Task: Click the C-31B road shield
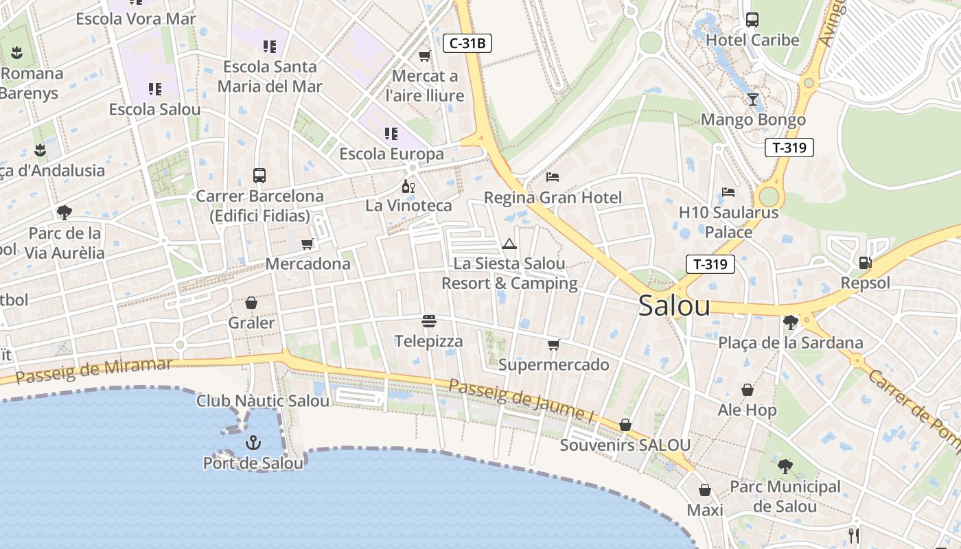tap(467, 43)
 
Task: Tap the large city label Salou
tap(674, 306)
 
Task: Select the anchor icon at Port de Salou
tap(254, 443)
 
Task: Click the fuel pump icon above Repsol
tap(865, 262)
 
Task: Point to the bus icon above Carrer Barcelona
tap(259, 176)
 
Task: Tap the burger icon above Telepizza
tap(429, 320)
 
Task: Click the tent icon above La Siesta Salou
tap(509, 244)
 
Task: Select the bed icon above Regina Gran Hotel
tap(553, 177)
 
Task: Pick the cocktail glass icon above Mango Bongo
tap(753, 100)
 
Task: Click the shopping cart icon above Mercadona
tap(308, 244)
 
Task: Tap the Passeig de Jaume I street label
tap(520, 399)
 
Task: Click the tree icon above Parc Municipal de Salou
tap(785, 467)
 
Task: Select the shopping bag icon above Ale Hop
tap(748, 390)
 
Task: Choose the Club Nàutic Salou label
tap(263, 401)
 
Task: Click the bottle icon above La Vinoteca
tap(408, 186)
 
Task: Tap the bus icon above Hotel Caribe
tap(752, 20)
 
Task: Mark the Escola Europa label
tap(391, 154)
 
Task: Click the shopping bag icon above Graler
tap(251, 303)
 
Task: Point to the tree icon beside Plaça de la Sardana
tap(790, 322)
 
